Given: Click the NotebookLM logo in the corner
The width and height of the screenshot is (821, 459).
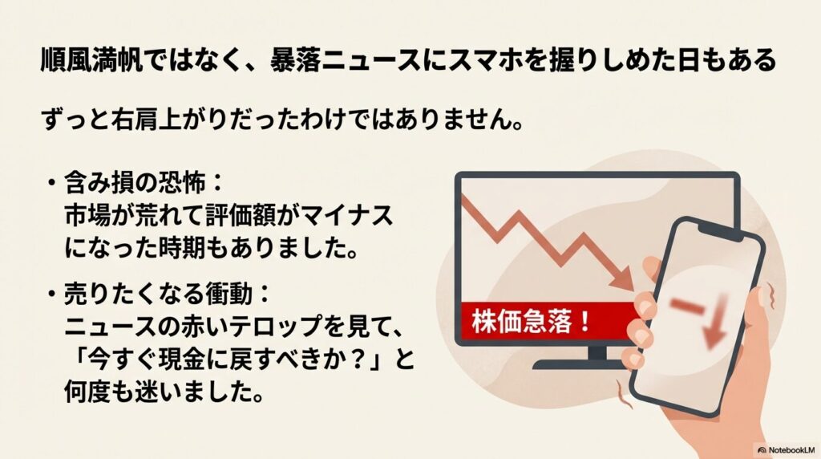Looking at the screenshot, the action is coord(787,450).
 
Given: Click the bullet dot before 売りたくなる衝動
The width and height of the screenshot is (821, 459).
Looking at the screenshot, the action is coord(51,294).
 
